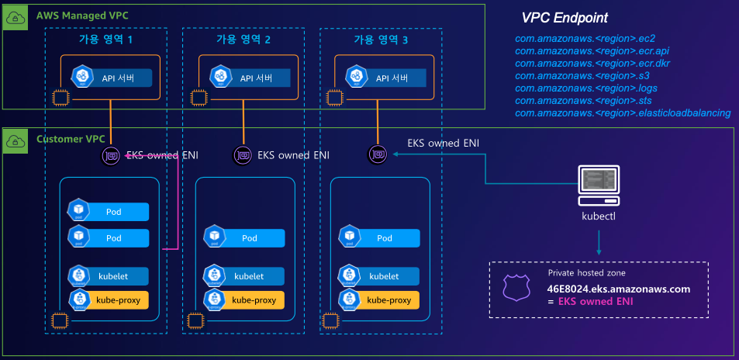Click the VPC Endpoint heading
pyautogui.click(x=564, y=18)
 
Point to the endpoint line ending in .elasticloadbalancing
pyautogui.click(x=623, y=113)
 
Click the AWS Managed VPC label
pyautogui.click(x=72, y=15)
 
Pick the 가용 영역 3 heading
pyautogui.click(x=381, y=40)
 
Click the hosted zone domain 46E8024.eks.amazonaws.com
pyautogui.click(x=618, y=289)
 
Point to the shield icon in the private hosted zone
pyautogui.click(x=516, y=289)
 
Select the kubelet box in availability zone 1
pyautogui.click(x=108, y=275)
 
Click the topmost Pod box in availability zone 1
pyautogui.click(x=108, y=211)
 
